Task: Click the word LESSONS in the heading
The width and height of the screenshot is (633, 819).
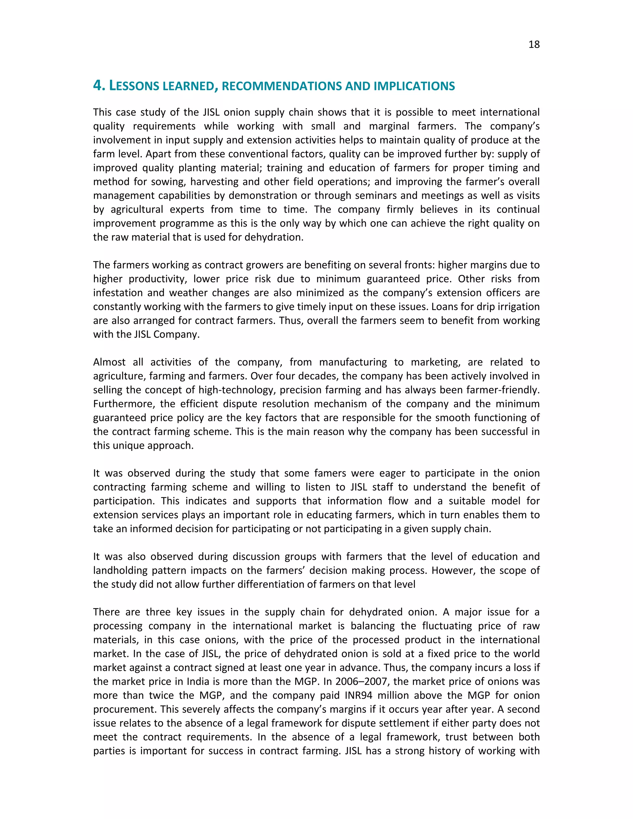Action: pyautogui.click(x=134, y=86)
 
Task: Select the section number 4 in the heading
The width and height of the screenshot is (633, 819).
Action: pyautogui.click(x=97, y=86)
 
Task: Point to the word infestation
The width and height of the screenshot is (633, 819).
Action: pyautogui.click(x=118, y=293)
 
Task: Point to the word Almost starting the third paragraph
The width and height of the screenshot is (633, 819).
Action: pyautogui.click(x=109, y=362)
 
